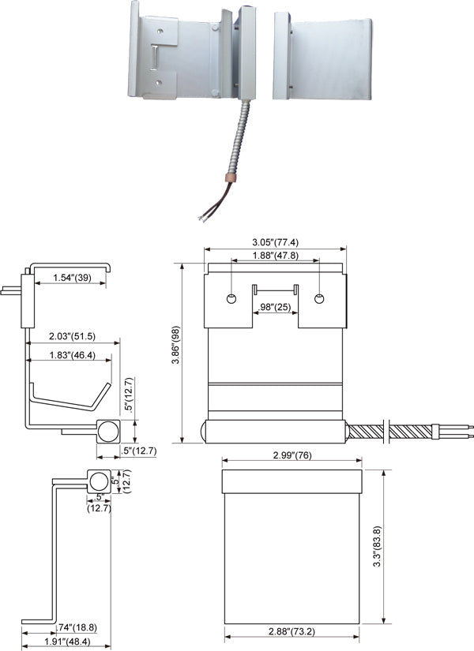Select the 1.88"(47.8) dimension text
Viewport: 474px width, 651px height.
tap(275, 255)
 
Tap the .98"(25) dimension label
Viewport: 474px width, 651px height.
tap(275, 306)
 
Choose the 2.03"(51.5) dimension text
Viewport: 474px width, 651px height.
tap(73, 336)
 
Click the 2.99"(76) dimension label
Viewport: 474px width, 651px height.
tap(291, 456)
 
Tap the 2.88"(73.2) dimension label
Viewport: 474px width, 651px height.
tap(292, 633)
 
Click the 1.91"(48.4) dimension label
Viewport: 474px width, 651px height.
tap(66, 643)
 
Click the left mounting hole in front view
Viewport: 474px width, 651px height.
tap(231, 299)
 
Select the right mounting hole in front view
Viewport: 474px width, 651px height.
tap(319, 299)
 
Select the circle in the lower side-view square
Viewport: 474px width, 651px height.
tap(99, 481)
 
